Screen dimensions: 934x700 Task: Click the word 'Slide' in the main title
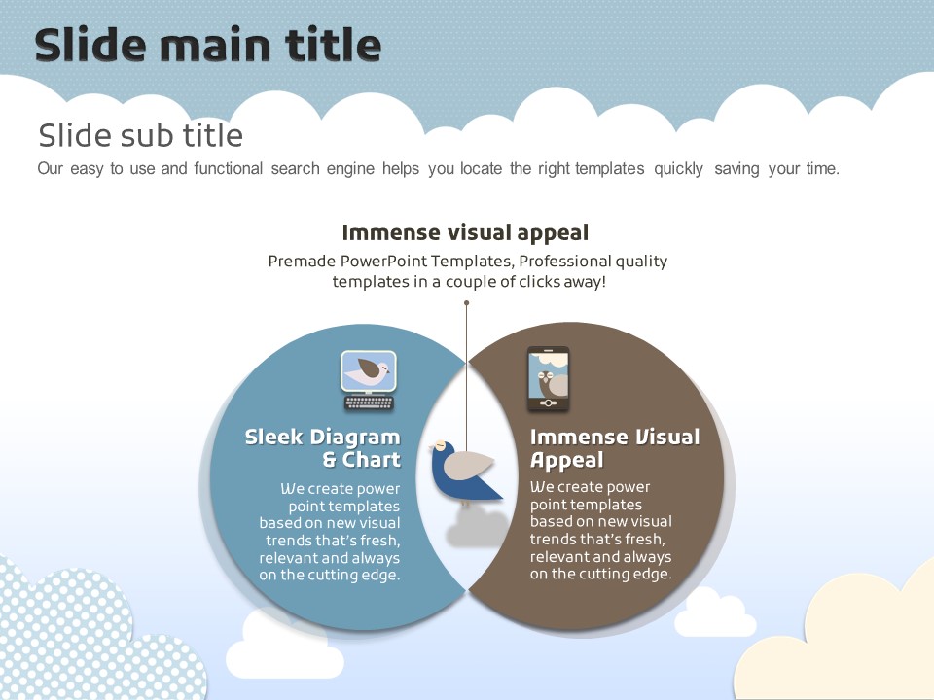coord(90,45)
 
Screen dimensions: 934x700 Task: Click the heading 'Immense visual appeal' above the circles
coord(465,232)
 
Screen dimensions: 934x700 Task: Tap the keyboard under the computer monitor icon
coord(369,402)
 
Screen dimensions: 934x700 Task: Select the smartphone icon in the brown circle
coord(548,378)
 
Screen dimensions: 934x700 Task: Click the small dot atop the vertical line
coord(466,303)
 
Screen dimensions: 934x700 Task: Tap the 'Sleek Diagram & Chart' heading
coord(323,448)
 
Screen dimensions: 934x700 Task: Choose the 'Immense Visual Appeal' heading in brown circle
coord(615,448)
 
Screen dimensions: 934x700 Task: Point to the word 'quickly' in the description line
coord(678,169)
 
